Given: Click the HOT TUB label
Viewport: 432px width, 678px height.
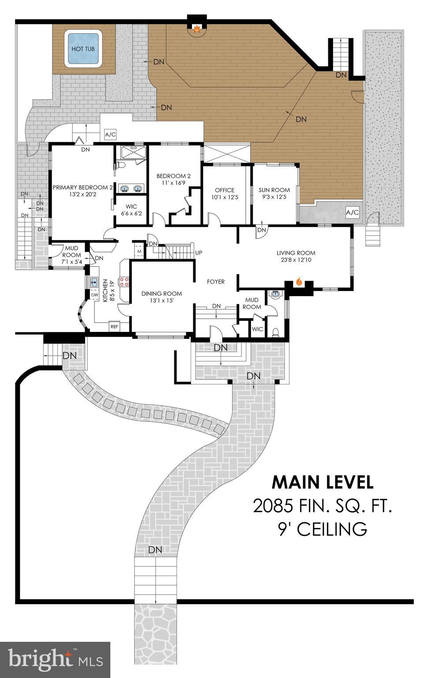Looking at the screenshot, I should pos(83,49).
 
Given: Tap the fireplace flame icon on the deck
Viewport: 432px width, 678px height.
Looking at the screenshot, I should pos(197,30).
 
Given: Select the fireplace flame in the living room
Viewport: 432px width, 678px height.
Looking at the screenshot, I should pos(299,281).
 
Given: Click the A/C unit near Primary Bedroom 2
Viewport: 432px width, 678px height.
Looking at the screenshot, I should pos(109,134).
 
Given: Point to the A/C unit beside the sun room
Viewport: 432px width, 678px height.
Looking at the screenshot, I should pos(352,212).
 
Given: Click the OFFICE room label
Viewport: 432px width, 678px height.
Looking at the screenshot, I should pos(225,190).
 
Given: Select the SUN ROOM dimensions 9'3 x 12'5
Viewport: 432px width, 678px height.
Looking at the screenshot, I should pos(272,197).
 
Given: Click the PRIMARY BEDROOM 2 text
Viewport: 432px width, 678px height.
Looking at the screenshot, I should pos(83,187).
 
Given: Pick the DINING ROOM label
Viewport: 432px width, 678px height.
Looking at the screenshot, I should pos(162,294).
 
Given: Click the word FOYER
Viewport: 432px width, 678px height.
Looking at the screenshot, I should pos(216,282).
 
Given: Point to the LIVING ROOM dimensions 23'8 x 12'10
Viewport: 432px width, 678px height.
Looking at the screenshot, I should pos(296,260).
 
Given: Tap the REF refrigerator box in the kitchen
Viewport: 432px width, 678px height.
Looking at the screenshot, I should pos(114,327).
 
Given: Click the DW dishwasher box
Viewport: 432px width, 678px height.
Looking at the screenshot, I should pos(94,295).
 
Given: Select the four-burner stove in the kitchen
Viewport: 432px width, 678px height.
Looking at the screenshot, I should pos(124,282).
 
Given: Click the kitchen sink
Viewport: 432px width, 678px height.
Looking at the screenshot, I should pos(94,282).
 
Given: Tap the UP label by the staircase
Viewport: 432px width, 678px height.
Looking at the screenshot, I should pos(199,253).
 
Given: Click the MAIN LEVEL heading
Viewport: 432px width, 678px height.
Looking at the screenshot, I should pos(322,482).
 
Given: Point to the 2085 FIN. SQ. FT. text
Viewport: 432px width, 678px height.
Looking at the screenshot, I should pos(322,506).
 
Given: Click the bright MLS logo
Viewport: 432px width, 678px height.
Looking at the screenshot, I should pos(55,659).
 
